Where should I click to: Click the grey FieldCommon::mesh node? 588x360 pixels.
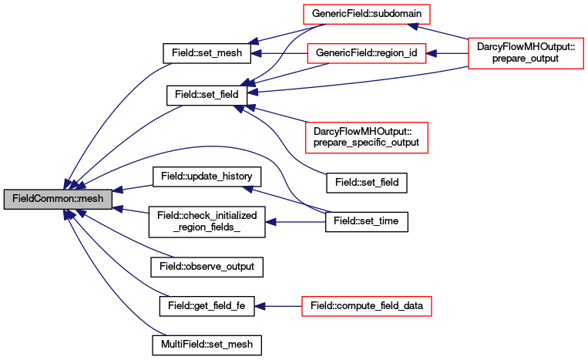58,199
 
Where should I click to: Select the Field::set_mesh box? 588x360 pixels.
207,53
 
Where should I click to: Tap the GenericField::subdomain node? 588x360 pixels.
367,14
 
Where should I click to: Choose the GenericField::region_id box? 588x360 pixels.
367,53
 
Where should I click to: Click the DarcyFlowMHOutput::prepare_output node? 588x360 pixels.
526,53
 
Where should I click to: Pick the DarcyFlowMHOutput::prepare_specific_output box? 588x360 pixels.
367,138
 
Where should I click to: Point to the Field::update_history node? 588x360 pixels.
207,177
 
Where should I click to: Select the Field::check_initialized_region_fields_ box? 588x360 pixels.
207,221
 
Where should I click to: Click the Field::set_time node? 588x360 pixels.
367,221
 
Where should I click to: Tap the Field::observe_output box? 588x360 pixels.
207,267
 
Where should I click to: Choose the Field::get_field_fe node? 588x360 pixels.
207,306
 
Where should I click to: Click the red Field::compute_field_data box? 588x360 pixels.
367,306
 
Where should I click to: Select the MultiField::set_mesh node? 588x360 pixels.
207,345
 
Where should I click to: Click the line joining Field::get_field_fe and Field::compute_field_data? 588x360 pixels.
278,306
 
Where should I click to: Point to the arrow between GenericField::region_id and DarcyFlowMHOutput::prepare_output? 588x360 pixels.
447,54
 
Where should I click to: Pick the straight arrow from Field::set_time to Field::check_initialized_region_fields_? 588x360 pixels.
295,222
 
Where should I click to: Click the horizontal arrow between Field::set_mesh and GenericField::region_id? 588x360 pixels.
279,54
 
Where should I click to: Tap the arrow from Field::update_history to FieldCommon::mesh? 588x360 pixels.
133,188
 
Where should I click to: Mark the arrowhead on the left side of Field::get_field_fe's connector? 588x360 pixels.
260,306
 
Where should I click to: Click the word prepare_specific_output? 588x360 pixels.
366,143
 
